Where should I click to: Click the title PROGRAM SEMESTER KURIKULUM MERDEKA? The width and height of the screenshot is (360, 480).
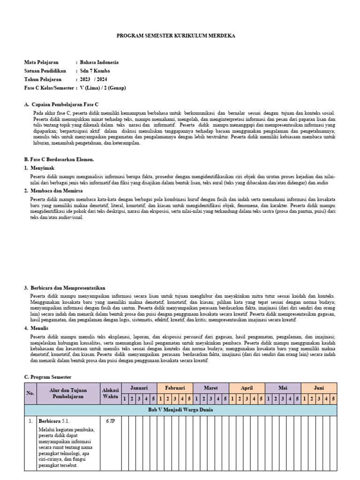(176, 36)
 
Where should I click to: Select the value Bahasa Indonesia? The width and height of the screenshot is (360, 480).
(99, 62)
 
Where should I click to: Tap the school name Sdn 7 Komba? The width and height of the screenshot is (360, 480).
(95, 71)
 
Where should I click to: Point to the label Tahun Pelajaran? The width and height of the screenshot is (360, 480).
(43, 79)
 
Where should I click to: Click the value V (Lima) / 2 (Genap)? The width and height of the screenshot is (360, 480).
(103, 88)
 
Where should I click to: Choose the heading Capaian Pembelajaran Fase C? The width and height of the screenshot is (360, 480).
(65, 105)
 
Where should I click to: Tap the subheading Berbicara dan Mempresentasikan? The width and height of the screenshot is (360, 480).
(67, 288)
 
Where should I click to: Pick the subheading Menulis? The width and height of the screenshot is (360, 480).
(40, 328)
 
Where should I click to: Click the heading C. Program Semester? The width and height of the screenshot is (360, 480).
(48, 377)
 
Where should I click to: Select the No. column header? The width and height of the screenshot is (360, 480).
(30, 393)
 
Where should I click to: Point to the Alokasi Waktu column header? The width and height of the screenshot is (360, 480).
(110, 393)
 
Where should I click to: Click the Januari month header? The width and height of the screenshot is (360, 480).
(139, 388)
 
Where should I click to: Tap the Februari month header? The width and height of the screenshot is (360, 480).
(175, 388)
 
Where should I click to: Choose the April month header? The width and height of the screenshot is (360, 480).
(247, 388)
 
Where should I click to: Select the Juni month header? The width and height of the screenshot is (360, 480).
(319, 388)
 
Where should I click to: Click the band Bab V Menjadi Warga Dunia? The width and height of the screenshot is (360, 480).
(180, 410)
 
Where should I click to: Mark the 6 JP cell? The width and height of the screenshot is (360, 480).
(110, 421)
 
